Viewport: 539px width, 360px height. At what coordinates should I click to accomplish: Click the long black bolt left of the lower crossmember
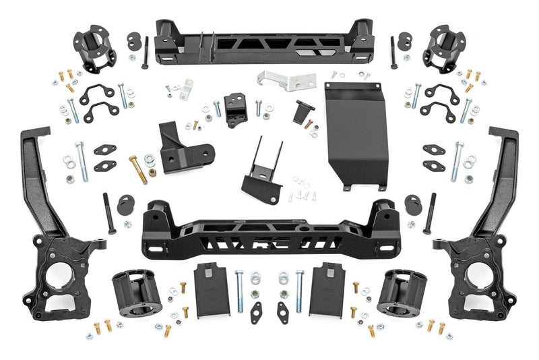(108, 213)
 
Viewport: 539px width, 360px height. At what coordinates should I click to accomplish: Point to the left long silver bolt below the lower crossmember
(239, 291)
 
